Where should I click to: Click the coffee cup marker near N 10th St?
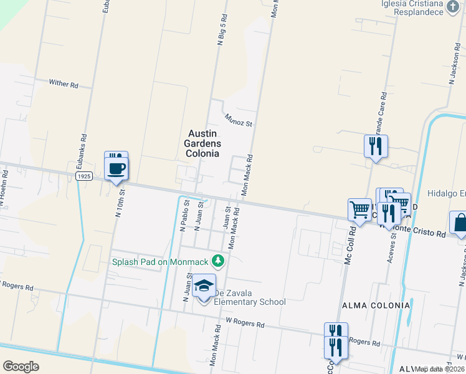117,167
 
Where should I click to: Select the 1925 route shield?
85,177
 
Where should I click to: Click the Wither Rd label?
64,83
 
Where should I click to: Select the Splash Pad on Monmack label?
161,261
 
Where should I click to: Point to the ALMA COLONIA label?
376,305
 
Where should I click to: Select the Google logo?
21,366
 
